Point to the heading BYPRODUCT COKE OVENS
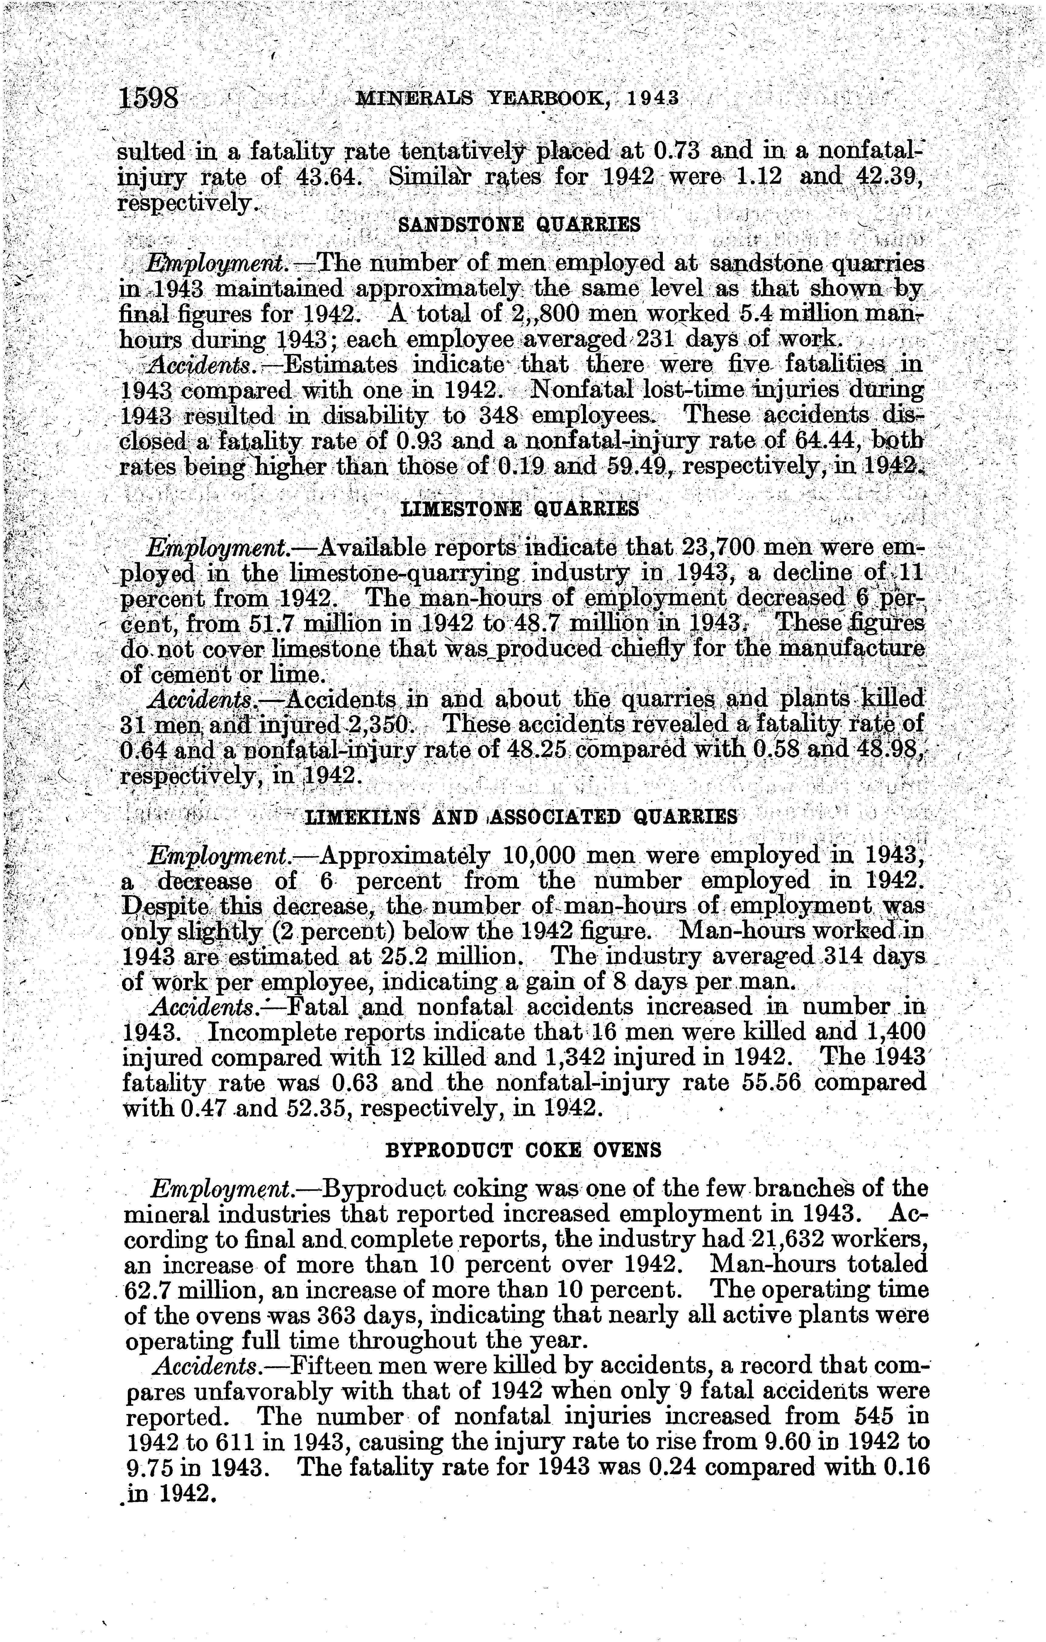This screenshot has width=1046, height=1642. [523, 1150]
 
